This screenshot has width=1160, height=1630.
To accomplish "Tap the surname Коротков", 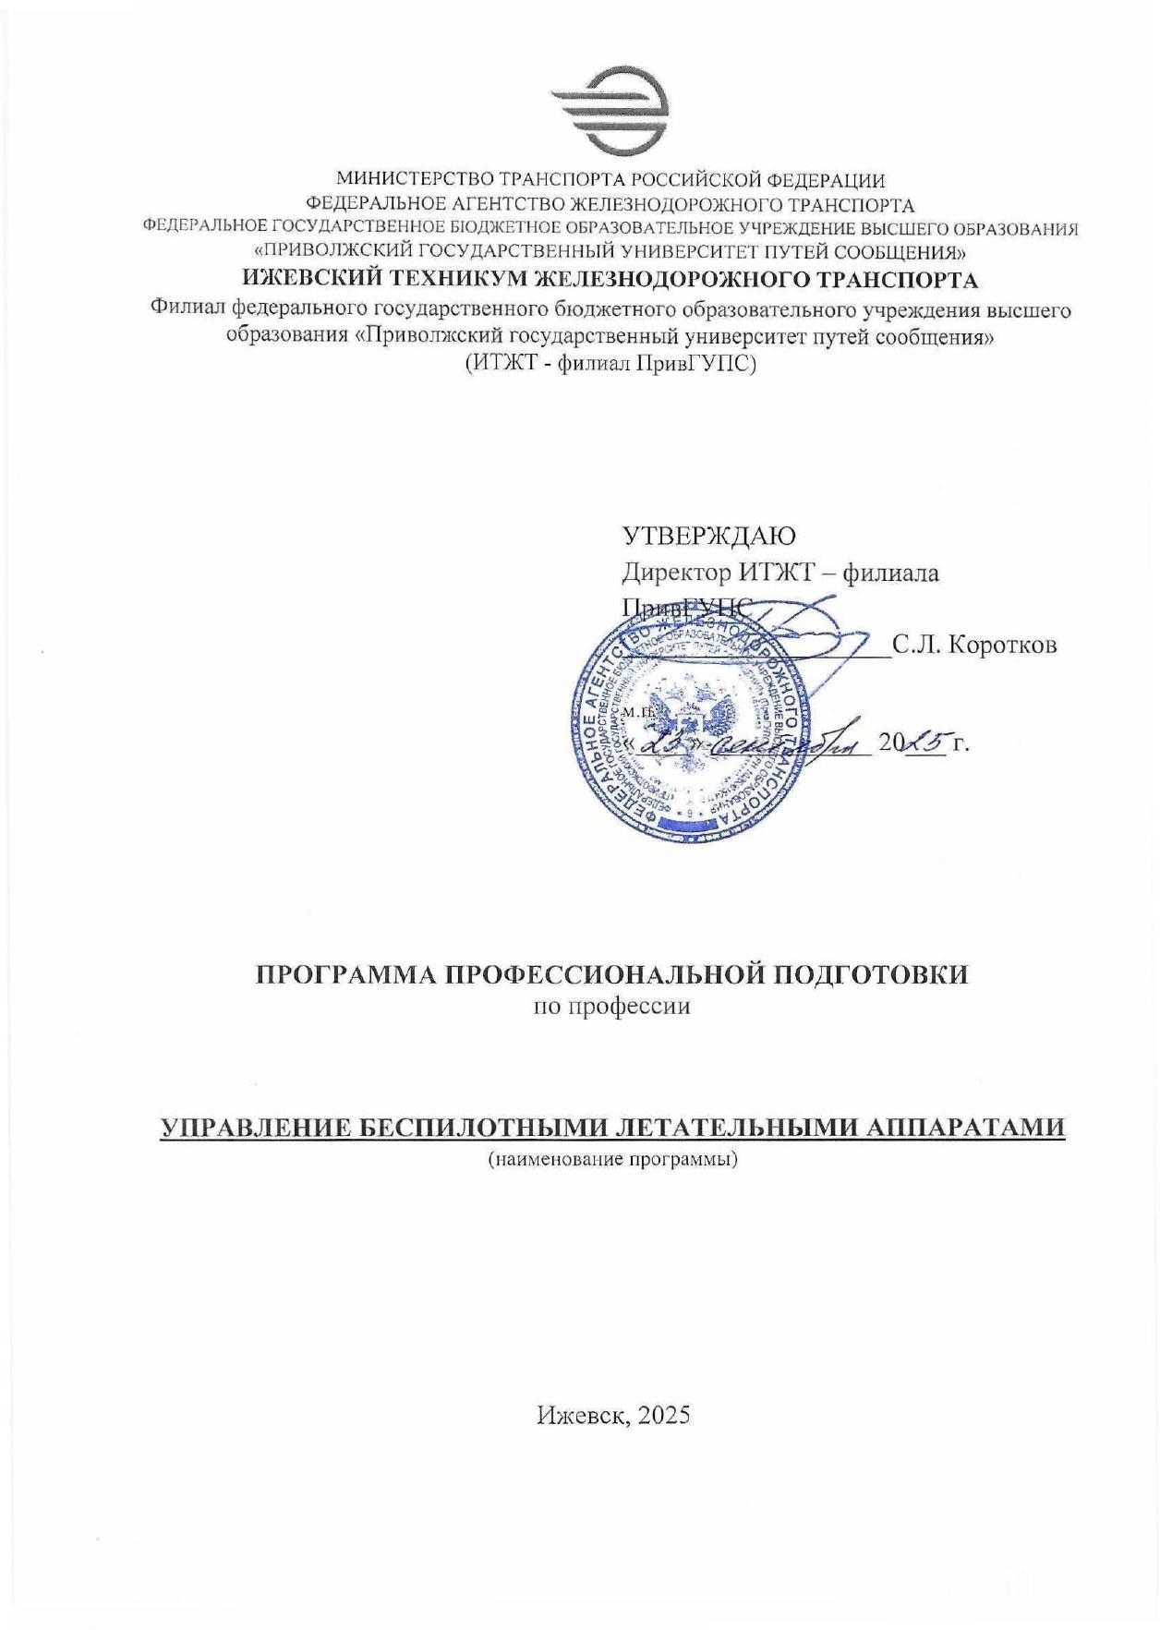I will point(1002,645).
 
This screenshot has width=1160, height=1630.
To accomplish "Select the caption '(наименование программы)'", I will point(612,1158).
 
